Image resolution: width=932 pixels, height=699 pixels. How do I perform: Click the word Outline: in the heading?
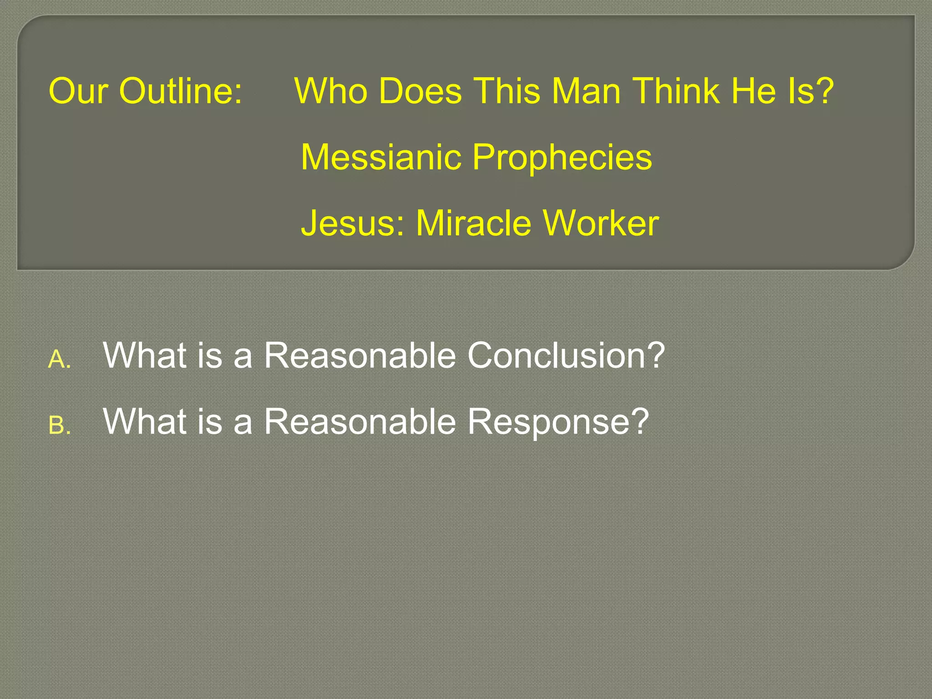(x=181, y=91)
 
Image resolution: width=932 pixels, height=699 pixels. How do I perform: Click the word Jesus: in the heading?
(x=352, y=223)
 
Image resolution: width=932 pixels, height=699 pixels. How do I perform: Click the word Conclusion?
(x=566, y=355)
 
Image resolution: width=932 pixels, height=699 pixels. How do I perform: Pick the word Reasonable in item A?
(x=360, y=355)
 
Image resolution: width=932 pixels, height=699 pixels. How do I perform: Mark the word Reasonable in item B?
(x=360, y=421)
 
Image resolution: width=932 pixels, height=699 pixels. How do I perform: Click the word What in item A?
(x=145, y=355)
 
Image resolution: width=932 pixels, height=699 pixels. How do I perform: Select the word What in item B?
(x=145, y=421)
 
